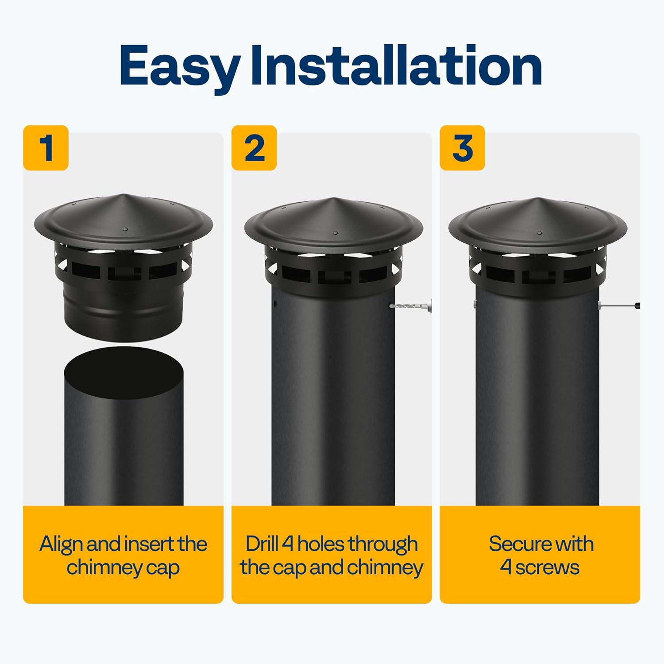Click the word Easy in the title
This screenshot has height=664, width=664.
(179, 66)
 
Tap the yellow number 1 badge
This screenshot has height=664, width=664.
(46, 148)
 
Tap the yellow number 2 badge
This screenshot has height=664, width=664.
(254, 148)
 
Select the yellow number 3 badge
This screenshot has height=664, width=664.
(462, 148)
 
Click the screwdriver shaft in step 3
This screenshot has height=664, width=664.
(618, 305)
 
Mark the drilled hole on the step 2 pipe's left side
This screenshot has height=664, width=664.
(275, 304)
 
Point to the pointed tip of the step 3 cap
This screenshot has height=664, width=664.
(538, 198)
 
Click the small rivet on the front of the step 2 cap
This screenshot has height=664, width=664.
(335, 233)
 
